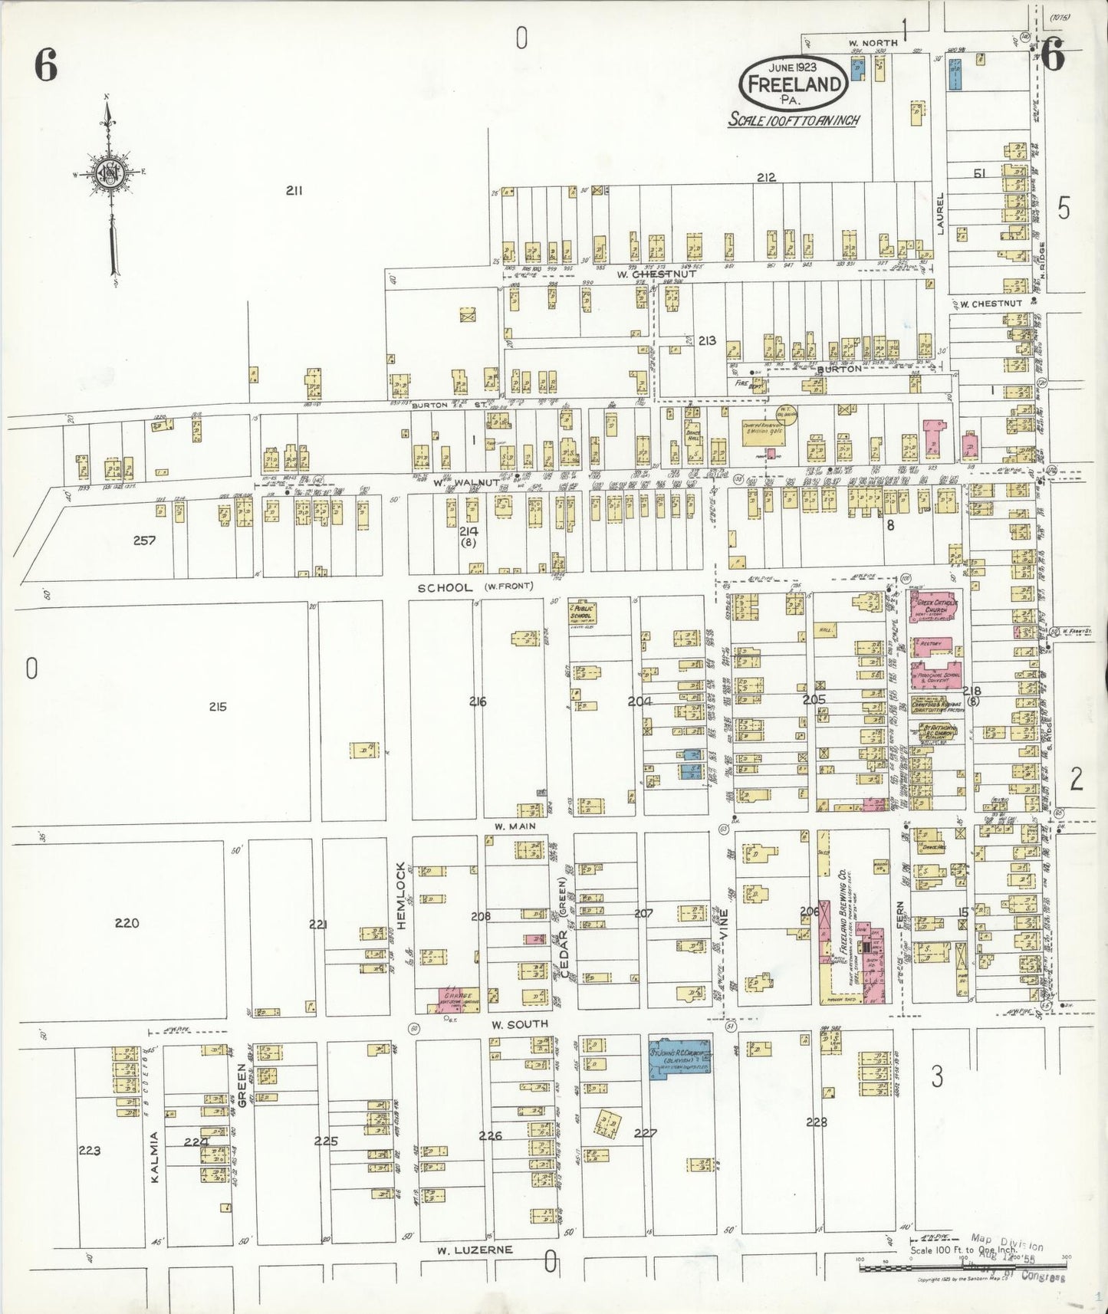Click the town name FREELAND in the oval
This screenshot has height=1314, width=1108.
(x=794, y=84)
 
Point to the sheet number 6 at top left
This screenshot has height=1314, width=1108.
(x=45, y=68)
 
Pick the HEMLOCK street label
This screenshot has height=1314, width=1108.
(x=400, y=895)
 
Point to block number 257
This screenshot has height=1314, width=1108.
(x=144, y=540)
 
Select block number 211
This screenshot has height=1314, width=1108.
(x=294, y=191)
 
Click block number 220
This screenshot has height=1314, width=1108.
(x=127, y=923)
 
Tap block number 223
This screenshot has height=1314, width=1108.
(x=90, y=1151)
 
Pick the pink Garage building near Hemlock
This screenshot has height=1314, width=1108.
(x=458, y=997)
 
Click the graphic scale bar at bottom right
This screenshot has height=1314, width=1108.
(x=962, y=1269)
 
